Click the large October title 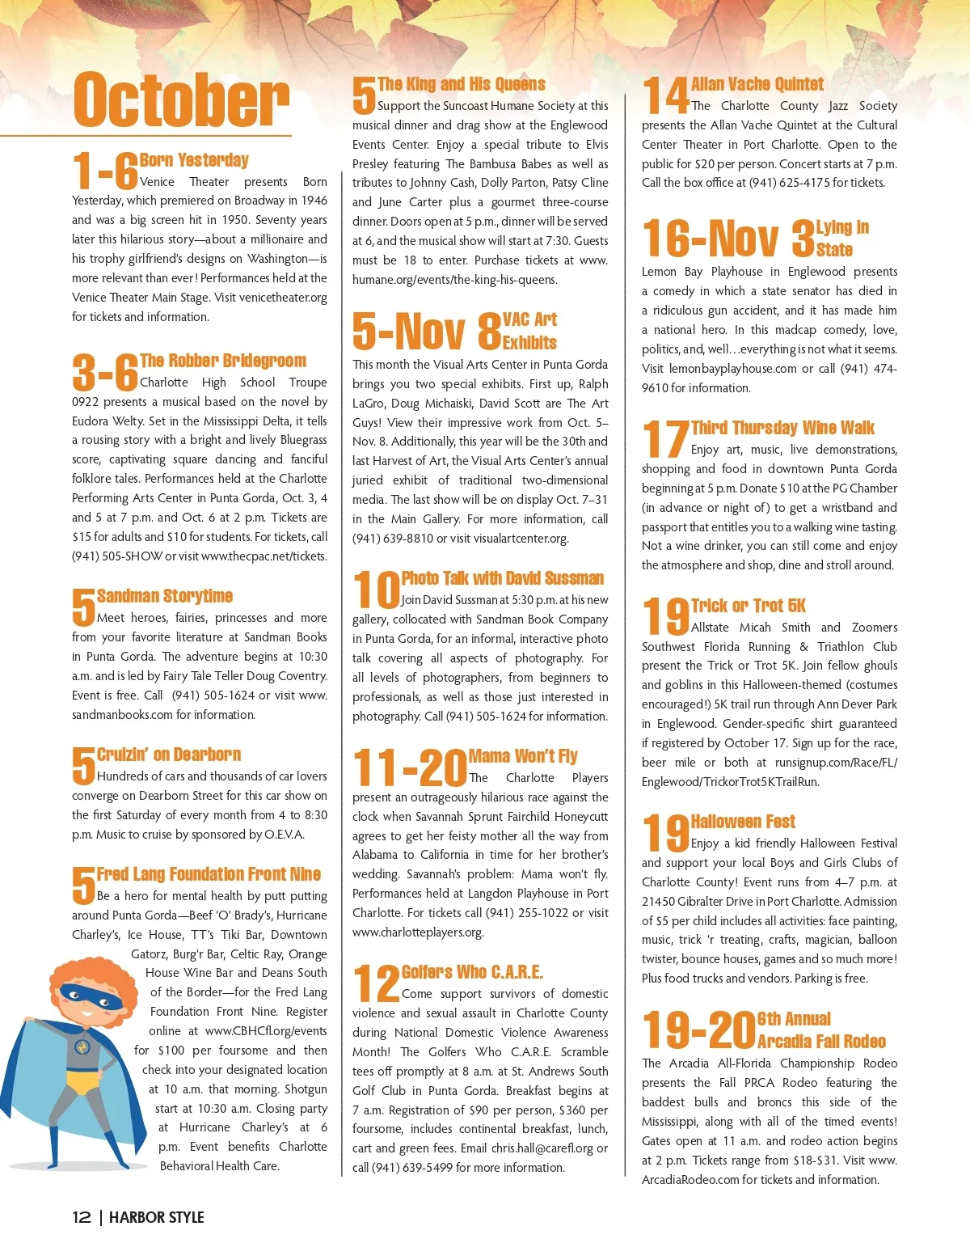click(181, 99)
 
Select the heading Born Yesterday click(194, 160)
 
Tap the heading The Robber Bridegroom click(223, 361)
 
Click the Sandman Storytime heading click(165, 596)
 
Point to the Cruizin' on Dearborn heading click(169, 755)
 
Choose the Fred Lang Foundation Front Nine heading click(209, 874)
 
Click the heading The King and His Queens click(462, 84)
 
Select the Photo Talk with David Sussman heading click(503, 578)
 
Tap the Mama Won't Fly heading click(523, 756)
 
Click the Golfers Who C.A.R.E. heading click(472, 972)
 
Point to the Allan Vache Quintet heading click(757, 84)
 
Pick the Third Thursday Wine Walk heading click(782, 428)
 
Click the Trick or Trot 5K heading click(749, 606)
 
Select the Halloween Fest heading click(743, 822)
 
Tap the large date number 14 click(665, 95)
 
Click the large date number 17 click(665, 439)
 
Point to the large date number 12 click(376, 983)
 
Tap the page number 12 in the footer click(82, 1217)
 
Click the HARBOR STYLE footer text click(156, 1217)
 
